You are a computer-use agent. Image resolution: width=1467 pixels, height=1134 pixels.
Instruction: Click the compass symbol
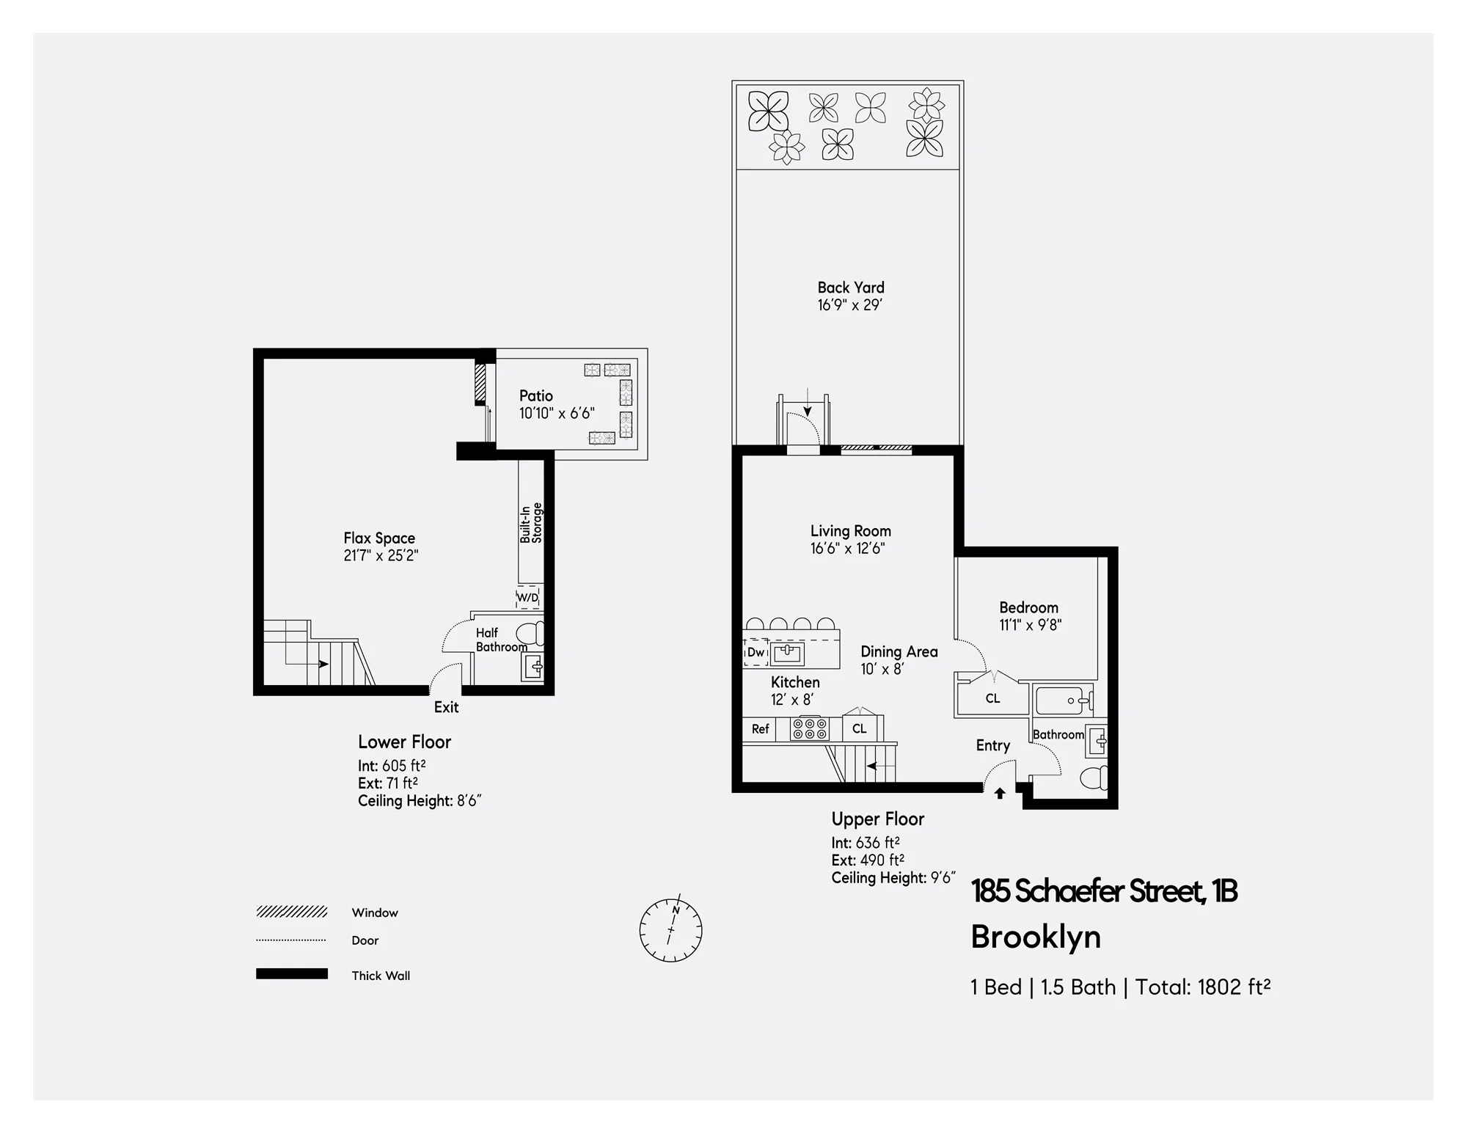coord(670,929)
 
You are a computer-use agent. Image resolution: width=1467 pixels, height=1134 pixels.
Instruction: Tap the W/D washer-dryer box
coord(528,598)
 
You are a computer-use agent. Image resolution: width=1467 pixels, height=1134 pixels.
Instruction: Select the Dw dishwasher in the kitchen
coord(756,652)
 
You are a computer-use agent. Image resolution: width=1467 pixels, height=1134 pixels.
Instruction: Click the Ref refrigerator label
coord(760,729)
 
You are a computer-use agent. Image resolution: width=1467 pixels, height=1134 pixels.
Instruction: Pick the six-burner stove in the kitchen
coord(809,729)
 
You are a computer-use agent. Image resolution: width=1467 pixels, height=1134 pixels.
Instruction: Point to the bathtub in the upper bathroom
coord(1063,700)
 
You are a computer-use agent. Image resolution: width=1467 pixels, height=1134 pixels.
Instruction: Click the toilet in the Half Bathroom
coord(530,632)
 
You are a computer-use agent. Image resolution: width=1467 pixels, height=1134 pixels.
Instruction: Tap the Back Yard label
coord(851,288)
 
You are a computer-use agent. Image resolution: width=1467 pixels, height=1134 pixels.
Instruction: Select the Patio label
coord(536,396)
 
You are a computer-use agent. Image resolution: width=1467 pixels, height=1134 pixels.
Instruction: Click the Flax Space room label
coord(379,538)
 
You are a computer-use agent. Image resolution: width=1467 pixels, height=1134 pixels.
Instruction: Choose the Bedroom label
coord(1028,607)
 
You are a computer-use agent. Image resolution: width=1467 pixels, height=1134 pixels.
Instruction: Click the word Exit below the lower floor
coord(446,707)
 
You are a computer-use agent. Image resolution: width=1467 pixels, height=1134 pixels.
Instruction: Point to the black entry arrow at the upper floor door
coord(1000,793)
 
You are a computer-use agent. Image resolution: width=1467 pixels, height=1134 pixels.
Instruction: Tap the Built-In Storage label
coord(531,523)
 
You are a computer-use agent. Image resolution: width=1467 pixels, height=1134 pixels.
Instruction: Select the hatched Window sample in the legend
coord(291,912)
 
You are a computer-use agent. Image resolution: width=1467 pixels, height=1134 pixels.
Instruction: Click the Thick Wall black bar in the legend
coord(291,974)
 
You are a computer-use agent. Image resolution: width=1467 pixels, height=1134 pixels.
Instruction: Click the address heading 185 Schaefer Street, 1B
coord(1104,891)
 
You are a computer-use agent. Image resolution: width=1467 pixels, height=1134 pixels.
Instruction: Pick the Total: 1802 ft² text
coord(1203,987)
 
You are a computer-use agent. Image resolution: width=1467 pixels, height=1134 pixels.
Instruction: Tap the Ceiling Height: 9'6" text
coord(893,878)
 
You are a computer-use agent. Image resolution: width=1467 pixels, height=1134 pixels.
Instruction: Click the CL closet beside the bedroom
coord(992,698)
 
